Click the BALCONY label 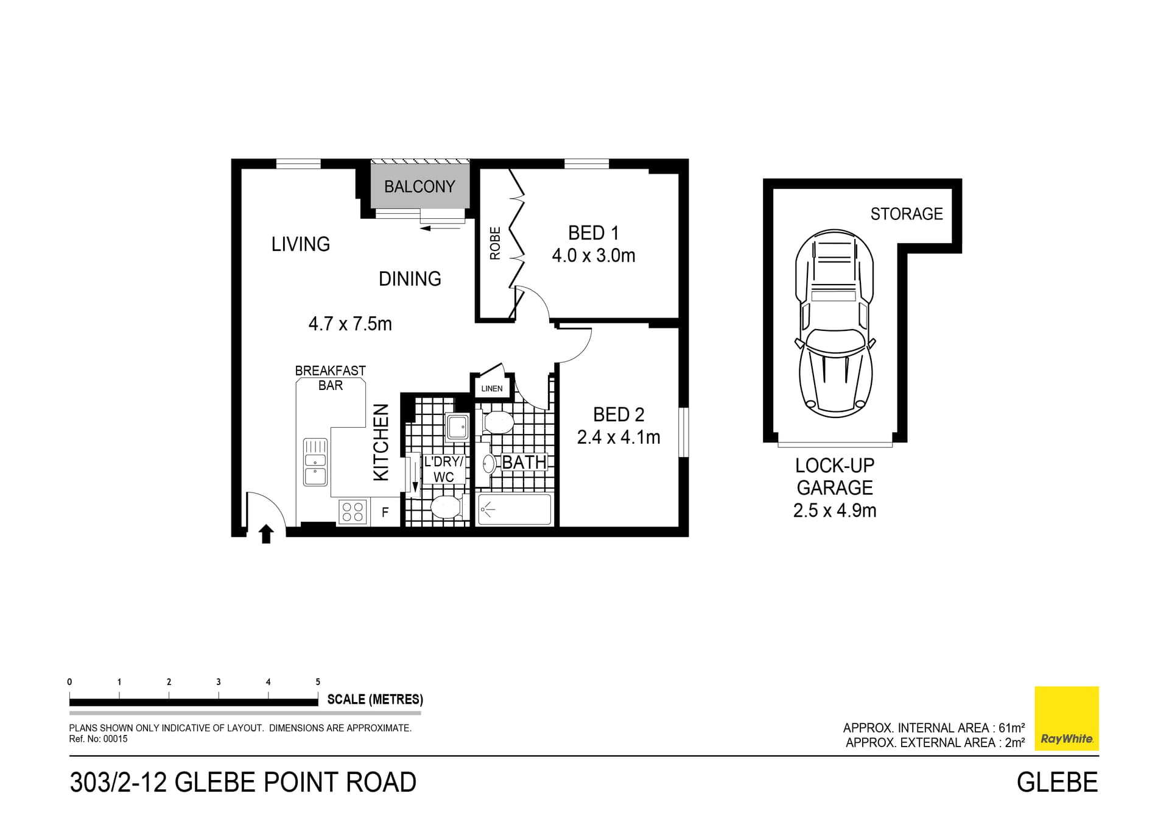pyautogui.click(x=420, y=186)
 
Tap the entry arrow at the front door pyautogui.click(x=266, y=534)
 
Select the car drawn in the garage pyautogui.click(x=835, y=323)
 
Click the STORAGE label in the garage pyautogui.click(x=906, y=214)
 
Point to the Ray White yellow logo pyautogui.click(x=1067, y=719)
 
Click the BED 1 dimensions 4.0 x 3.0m pyautogui.click(x=594, y=255)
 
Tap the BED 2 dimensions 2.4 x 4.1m pyautogui.click(x=619, y=438)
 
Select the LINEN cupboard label pyautogui.click(x=492, y=389)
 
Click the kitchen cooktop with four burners pyautogui.click(x=353, y=511)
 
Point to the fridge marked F pyautogui.click(x=385, y=513)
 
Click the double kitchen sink pyautogui.click(x=315, y=461)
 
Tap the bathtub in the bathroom pyautogui.click(x=514, y=509)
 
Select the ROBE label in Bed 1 pyautogui.click(x=495, y=243)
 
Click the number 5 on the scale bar pyautogui.click(x=318, y=682)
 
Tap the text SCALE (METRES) pyautogui.click(x=375, y=700)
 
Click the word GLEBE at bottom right pyautogui.click(x=1057, y=783)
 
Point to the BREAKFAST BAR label pyautogui.click(x=330, y=378)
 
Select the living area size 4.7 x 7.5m pyautogui.click(x=350, y=324)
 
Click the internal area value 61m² pyautogui.click(x=1011, y=728)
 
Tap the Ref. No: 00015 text pyautogui.click(x=99, y=739)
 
